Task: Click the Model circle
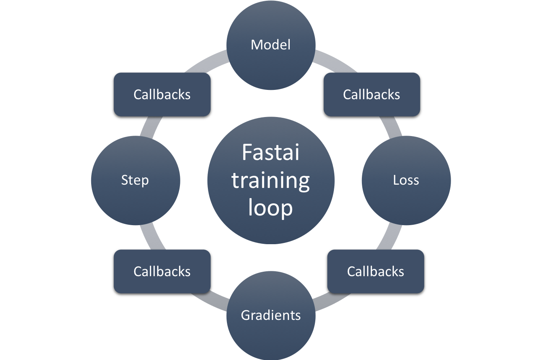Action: (271, 45)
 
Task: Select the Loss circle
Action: (406, 180)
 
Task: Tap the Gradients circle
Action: (271, 315)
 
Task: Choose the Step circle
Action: (135, 180)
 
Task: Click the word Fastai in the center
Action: (270, 153)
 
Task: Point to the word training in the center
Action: (270, 181)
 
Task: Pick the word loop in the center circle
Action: (270, 208)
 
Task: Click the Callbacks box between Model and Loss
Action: (372, 94)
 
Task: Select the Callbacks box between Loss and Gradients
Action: (376, 271)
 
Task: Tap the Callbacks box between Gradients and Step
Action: (162, 271)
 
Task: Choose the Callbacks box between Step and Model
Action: (162, 94)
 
